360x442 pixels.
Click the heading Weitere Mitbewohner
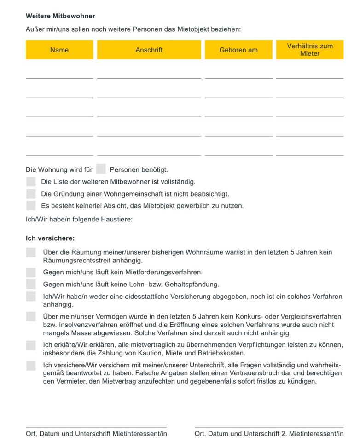point(60,16)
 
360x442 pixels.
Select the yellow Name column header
point(59,50)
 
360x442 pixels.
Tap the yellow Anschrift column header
point(149,50)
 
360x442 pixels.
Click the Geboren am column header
point(238,50)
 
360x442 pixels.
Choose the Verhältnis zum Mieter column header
point(310,50)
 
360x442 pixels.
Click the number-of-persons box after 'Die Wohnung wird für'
point(101,169)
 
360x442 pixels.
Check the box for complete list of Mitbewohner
point(31,181)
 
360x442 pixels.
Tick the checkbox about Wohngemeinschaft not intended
point(31,193)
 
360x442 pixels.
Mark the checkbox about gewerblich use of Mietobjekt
point(31,205)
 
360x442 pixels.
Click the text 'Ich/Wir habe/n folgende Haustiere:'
point(79,219)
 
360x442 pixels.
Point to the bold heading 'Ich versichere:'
point(50,238)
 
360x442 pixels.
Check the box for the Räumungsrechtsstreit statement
point(31,252)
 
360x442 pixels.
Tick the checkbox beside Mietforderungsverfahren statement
point(31,272)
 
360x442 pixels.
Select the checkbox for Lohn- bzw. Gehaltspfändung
point(31,284)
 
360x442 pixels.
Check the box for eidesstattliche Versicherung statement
point(31,297)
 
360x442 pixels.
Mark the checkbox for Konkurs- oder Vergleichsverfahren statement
point(31,316)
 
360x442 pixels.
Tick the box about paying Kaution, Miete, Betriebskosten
point(31,345)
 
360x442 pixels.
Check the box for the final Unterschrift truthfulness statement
point(31,366)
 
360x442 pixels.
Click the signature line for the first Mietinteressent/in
point(96,426)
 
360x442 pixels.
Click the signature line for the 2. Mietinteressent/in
point(269,426)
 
